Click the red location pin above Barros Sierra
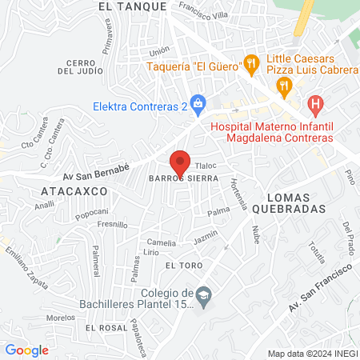[x=181, y=161]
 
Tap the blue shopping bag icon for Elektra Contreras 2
[x=200, y=103]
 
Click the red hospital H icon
[x=316, y=103]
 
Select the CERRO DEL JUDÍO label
[x=82, y=67]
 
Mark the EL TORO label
[x=181, y=265]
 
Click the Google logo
[x=26, y=350]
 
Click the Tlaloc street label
[x=206, y=166]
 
